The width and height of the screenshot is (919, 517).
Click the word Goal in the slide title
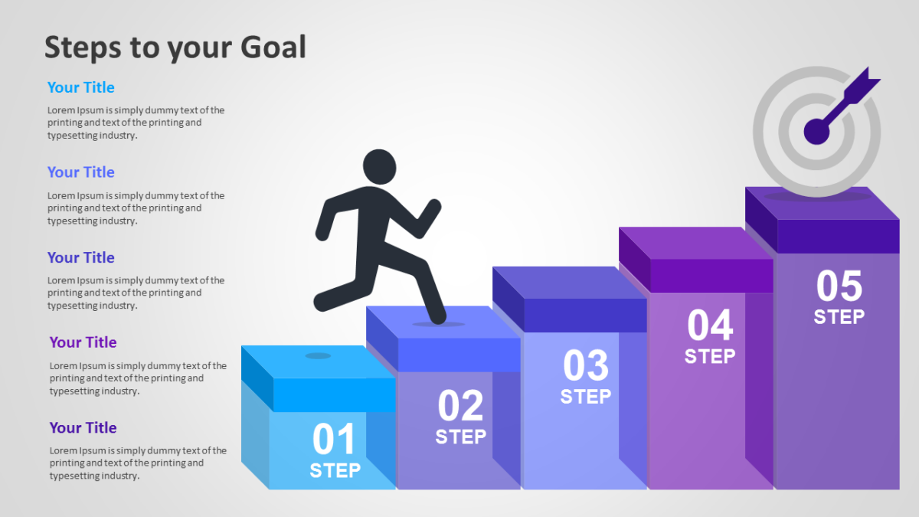273,47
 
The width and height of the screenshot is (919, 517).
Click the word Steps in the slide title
83,47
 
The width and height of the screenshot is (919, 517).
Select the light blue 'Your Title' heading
81,87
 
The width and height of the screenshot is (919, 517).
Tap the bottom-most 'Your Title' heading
83,427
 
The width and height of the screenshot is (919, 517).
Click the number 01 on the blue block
334,439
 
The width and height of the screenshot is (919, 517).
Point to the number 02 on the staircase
460,405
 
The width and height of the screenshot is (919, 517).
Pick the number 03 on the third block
585,365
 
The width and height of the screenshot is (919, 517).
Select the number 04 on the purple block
710,325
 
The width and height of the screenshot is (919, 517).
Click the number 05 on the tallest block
839,286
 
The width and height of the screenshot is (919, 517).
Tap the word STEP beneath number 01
335,470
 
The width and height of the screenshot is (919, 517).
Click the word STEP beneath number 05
839,317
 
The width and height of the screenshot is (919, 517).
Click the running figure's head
380,167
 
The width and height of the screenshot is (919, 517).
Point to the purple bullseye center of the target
816,132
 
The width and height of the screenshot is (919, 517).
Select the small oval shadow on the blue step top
318,355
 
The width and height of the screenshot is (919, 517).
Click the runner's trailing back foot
323,302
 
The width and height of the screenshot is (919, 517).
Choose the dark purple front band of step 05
838,237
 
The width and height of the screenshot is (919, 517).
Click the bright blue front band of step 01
335,394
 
